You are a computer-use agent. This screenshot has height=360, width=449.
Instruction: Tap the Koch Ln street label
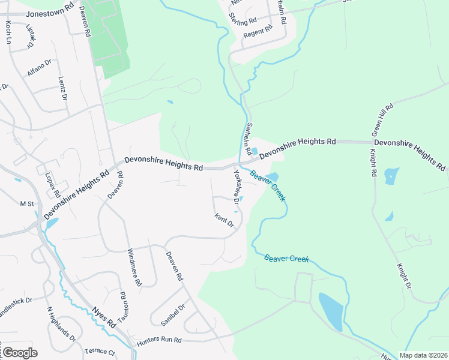click(x=8, y=33)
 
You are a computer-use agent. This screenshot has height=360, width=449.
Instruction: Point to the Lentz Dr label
click(x=62, y=88)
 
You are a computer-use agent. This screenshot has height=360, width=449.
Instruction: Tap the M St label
click(x=27, y=204)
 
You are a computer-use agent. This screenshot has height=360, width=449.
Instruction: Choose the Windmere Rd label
click(x=134, y=267)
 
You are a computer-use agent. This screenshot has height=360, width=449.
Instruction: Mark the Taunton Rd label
click(x=124, y=307)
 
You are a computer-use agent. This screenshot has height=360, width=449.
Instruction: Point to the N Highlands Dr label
click(x=62, y=324)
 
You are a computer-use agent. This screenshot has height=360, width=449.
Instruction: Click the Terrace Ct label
click(x=100, y=352)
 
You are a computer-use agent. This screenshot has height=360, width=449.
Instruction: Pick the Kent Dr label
click(x=224, y=220)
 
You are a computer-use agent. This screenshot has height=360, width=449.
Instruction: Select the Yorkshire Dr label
click(x=240, y=187)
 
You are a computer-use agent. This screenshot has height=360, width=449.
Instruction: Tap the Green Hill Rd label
click(x=382, y=119)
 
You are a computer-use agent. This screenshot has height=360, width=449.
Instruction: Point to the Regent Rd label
click(x=258, y=32)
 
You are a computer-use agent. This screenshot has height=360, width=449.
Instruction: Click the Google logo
click(x=19, y=352)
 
